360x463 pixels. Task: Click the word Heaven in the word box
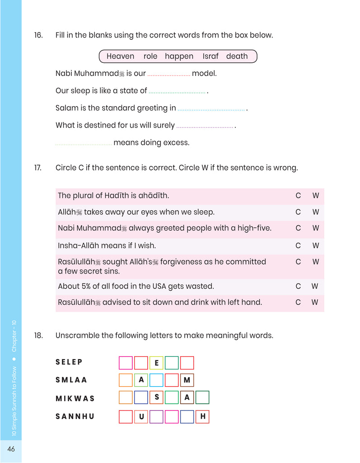[x=120, y=57]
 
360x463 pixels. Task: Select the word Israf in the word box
[x=210, y=57]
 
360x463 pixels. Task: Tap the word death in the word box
[x=237, y=57]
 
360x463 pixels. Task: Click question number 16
[x=38, y=35]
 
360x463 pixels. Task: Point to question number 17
[x=38, y=168]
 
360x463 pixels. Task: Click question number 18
[x=38, y=335]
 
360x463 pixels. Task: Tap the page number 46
[x=11, y=449]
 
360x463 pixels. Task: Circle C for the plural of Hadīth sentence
[x=298, y=196]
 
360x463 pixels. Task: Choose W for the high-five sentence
[x=315, y=228]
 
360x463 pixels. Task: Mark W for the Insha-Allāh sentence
[x=315, y=246]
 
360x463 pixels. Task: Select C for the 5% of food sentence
[x=298, y=286]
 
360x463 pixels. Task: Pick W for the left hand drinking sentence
[x=315, y=302]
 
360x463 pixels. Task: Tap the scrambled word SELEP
[x=69, y=362]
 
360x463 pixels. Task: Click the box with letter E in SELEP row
[x=156, y=363]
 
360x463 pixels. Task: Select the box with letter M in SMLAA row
[x=187, y=380]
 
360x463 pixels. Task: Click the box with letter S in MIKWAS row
[x=156, y=397]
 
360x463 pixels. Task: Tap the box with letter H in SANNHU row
[x=202, y=416]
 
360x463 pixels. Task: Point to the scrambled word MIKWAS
[x=75, y=398]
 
